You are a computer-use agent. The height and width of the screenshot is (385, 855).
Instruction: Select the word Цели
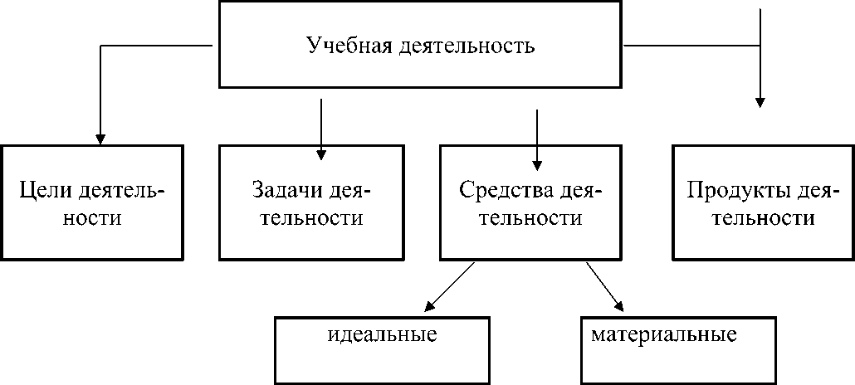[x=47, y=192]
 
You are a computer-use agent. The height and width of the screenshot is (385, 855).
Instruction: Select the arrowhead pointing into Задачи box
[x=321, y=153]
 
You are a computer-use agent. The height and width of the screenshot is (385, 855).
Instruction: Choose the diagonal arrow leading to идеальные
[x=448, y=287]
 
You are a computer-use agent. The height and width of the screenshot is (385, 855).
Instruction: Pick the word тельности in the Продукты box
[x=762, y=219]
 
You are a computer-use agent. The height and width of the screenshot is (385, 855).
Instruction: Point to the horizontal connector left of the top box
[x=158, y=46]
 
